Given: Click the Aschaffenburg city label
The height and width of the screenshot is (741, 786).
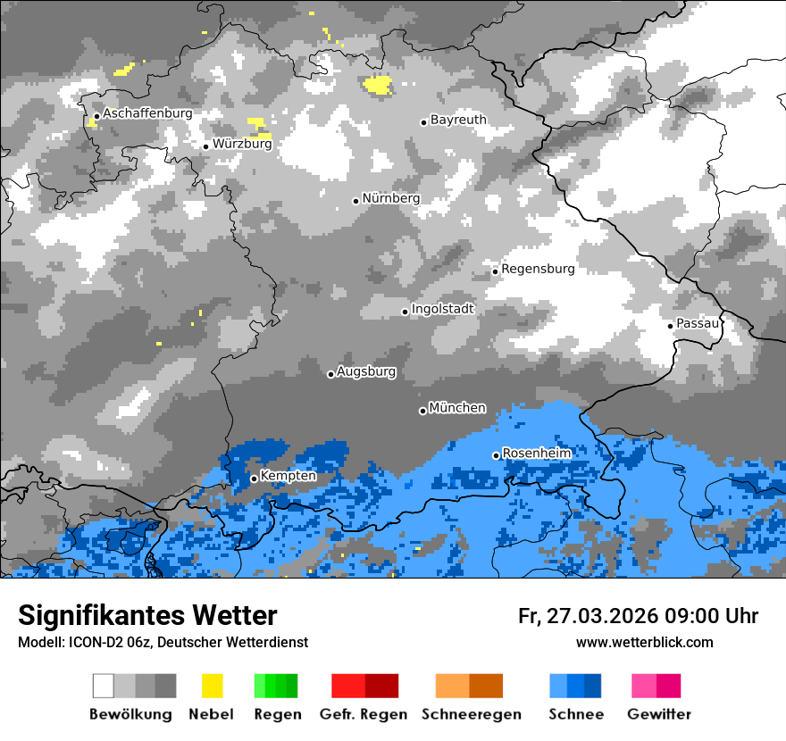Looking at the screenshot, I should [147, 114].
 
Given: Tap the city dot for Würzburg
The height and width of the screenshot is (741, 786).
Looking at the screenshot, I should [205, 146].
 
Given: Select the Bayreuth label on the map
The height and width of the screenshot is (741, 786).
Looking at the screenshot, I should [458, 120].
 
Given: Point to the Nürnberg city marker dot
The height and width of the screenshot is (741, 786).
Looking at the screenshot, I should [355, 201].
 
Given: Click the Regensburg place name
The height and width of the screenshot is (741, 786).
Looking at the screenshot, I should [538, 269].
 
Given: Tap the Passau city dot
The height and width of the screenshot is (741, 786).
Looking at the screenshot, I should [671, 326].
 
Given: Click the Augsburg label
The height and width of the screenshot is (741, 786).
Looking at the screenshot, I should [366, 371].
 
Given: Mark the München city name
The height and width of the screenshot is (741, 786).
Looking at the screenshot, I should [457, 408].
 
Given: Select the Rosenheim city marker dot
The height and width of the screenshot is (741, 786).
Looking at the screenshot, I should [496, 456].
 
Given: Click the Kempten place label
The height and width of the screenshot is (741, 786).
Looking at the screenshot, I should [288, 476].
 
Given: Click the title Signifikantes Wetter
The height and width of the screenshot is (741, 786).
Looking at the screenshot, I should [147, 616].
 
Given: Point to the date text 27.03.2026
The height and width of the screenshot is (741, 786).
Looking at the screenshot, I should [601, 616].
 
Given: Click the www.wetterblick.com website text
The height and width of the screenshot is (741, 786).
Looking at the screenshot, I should [644, 643].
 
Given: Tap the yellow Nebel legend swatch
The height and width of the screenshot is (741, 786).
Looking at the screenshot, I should [212, 686].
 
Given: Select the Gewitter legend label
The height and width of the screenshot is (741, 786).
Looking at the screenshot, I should [658, 714].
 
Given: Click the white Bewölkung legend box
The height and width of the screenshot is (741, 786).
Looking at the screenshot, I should [104, 686].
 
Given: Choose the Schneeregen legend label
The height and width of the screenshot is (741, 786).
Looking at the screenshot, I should [471, 714].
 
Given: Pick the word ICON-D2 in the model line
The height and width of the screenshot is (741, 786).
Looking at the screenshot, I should [89, 643].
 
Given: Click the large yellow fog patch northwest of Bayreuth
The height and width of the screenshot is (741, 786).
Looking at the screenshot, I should [378, 85].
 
